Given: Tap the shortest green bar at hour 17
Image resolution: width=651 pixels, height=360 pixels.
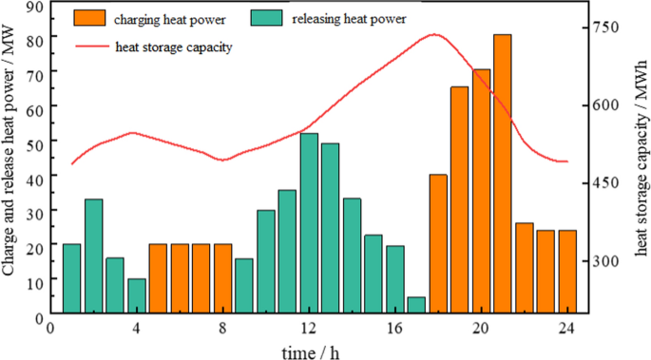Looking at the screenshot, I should (x=416, y=305).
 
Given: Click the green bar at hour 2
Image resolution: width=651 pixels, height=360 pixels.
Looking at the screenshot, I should (x=93, y=256).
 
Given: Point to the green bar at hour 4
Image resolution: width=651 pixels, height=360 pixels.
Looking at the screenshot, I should (x=137, y=295).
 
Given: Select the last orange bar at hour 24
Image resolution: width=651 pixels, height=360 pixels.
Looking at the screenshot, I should (x=567, y=272).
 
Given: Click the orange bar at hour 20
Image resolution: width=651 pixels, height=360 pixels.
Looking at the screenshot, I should (x=481, y=191).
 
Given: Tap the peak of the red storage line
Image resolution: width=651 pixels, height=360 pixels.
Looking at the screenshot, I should (x=434, y=34).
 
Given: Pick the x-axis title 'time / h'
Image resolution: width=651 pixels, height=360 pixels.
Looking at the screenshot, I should (x=310, y=351).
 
